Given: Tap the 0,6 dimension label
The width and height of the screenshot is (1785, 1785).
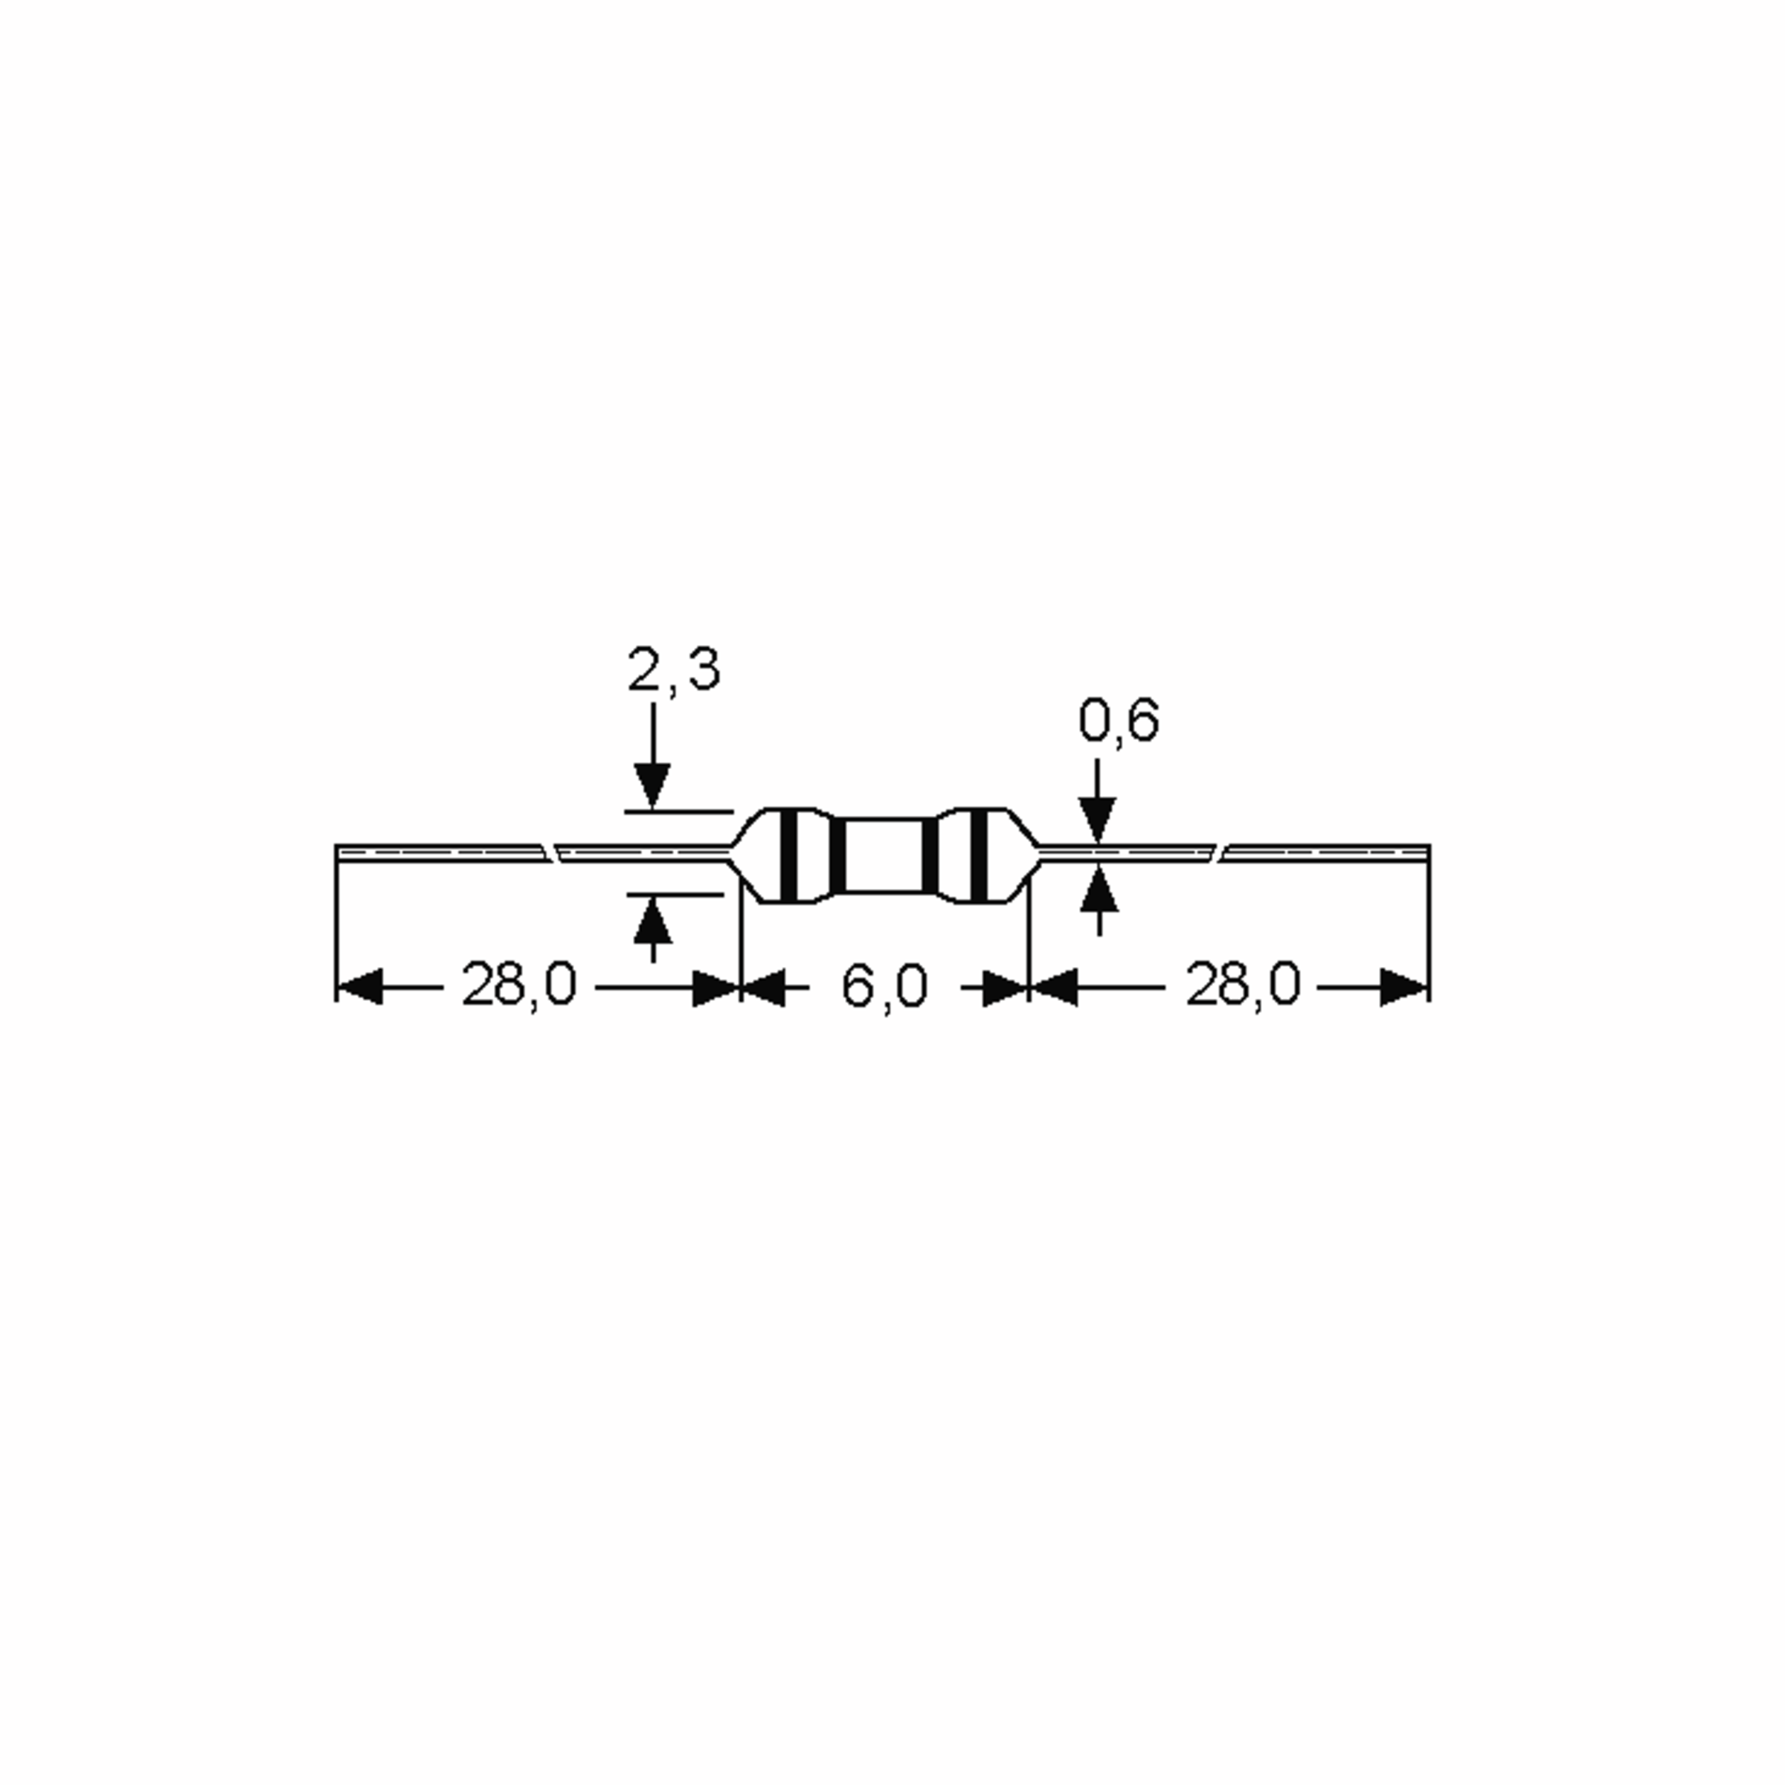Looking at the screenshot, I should click(1118, 721).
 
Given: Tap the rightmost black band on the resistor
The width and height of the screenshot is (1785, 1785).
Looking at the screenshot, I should click(980, 855).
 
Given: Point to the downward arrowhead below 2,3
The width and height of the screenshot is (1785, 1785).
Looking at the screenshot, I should click(653, 787).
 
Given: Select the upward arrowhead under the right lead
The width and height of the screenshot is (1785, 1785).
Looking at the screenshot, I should click(1098, 889).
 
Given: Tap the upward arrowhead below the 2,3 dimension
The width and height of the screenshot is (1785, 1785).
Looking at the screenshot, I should click(653, 919).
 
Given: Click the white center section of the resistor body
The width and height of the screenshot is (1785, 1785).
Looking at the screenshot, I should click(884, 855).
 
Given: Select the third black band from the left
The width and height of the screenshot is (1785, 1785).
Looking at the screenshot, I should click(930, 855).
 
